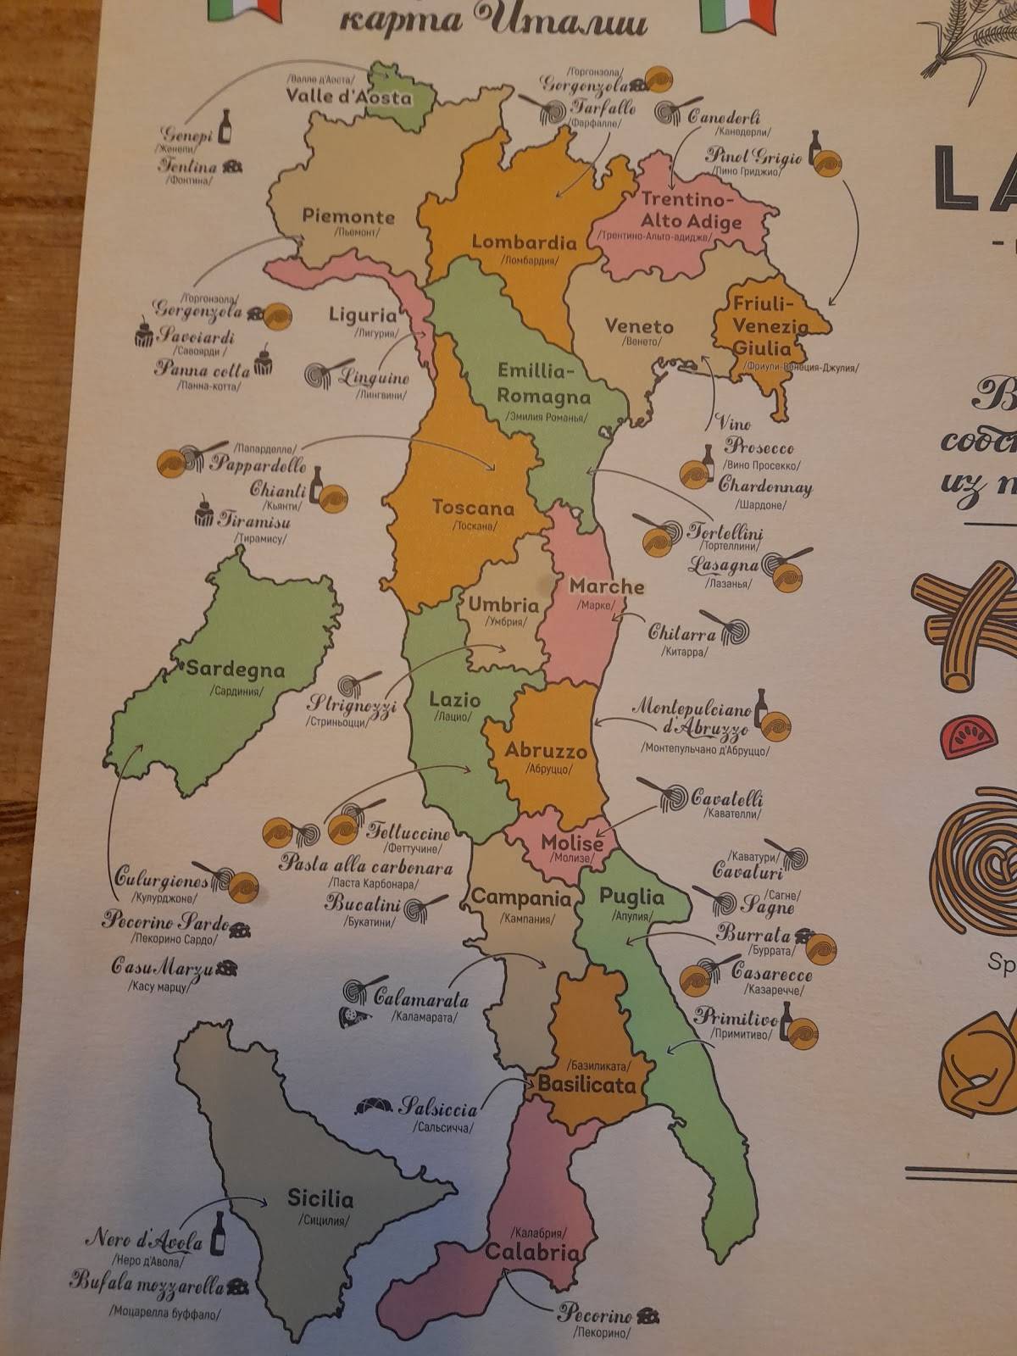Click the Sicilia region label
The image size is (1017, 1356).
(320, 1198)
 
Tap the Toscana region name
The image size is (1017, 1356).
(473, 508)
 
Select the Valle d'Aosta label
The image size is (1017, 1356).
(348, 96)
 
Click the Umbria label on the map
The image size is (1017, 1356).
(503, 605)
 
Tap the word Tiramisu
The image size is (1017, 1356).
(254, 519)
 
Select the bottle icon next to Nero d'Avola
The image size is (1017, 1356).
(219, 1233)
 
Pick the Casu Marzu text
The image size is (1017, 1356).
(162, 966)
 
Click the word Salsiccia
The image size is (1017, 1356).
(439, 1107)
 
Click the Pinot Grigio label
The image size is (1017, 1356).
(753, 156)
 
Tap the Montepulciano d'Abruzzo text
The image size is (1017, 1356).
(692, 718)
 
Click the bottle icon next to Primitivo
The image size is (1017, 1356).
(786, 1017)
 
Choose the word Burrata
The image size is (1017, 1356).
(753, 935)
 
